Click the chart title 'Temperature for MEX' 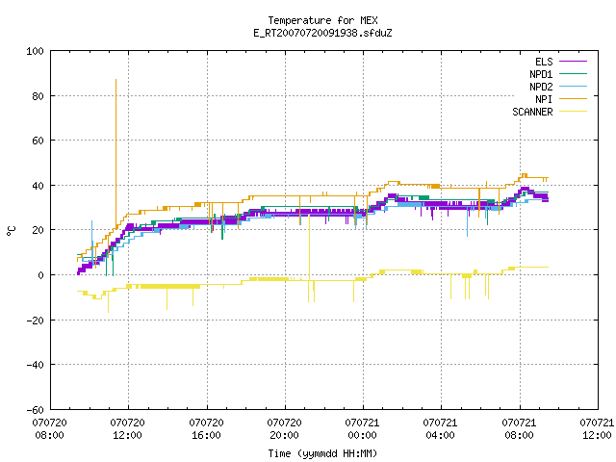click(x=322, y=20)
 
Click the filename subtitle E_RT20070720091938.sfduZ click(x=322, y=33)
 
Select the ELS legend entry click(x=561, y=62)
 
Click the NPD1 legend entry click(x=558, y=74)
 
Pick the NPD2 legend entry click(x=558, y=87)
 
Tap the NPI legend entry click(x=561, y=99)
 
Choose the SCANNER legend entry click(x=550, y=112)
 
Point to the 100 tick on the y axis click(x=35, y=51)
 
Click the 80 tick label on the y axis click(x=38, y=96)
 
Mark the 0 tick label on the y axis click(x=40, y=275)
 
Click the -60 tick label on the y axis click(x=35, y=410)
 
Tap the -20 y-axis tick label click(x=35, y=321)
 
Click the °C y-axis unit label click(x=12, y=231)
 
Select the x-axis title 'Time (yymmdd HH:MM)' click(x=322, y=453)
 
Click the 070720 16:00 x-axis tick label click(x=206, y=428)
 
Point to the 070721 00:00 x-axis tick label click(x=362, y=428)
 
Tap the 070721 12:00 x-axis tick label click(x=597, y=428)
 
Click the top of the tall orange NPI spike click(x=115, y=80)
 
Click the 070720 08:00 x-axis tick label click(x=49, y=428)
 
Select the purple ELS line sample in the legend click(x=574, y=62)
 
